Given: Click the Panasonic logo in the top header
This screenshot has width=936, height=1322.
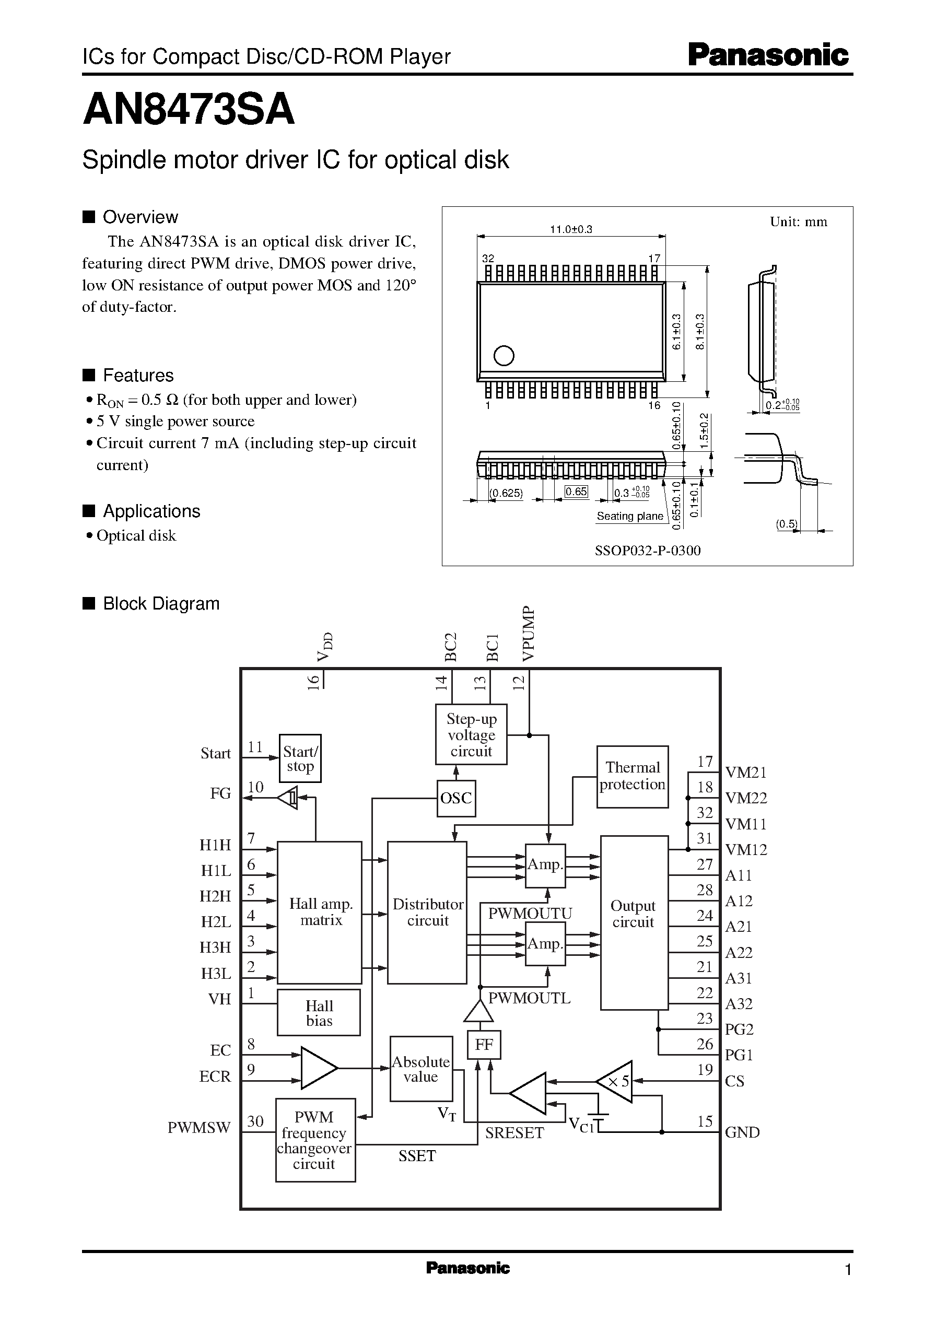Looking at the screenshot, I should [768, 56].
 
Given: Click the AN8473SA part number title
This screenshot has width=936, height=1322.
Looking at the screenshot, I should [189, 110].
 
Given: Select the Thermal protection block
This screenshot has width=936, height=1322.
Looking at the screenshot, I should [632, 776].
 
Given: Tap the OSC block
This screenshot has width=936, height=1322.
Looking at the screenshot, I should [456, 798].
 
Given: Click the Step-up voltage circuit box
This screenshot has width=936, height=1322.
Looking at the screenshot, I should [471, 734].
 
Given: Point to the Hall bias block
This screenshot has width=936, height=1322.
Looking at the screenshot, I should [319, 1013].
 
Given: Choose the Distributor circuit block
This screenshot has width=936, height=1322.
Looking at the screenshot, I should [427, 912].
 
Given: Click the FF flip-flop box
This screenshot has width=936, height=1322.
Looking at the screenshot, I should [484, 1044].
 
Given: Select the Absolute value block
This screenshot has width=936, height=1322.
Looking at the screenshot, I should [421, 1069].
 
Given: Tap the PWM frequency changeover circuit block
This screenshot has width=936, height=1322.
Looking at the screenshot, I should [314, 1140].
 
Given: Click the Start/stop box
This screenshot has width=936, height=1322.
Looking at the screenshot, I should [300, 758].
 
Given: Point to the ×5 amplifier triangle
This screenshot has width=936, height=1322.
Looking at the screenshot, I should [617, 1082].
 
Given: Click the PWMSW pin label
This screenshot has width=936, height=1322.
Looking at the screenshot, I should [199, 1127].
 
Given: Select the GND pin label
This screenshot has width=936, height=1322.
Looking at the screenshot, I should [742, 1132].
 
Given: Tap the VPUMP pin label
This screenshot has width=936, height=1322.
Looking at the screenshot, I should [529, 633].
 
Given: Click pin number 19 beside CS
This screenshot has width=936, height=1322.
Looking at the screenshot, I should [704, 1070].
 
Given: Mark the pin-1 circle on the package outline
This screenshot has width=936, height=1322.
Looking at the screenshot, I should [504, 356].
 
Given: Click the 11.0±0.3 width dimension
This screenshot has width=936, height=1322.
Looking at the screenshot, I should [570, 229].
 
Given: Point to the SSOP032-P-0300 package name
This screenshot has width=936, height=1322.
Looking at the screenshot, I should [647, 551].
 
